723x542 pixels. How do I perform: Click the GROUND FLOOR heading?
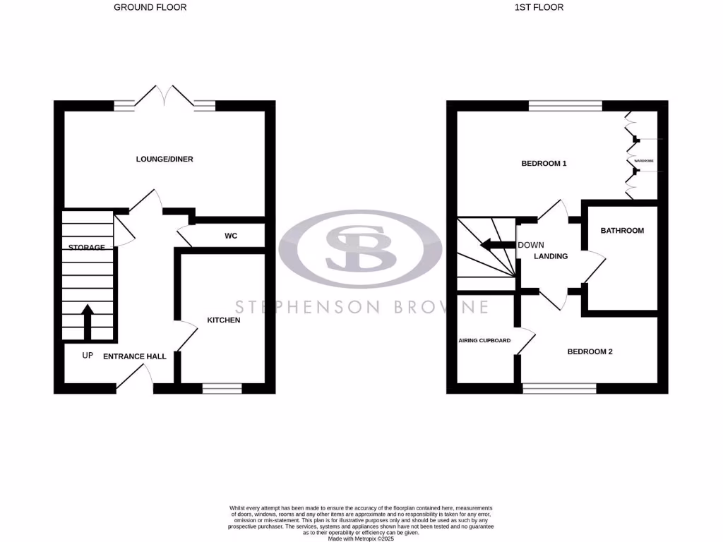coord(150,8)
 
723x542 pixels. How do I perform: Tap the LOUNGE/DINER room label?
coord(165,159)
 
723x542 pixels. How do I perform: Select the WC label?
coord(231,236)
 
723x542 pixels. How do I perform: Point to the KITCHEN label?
coord(224,320)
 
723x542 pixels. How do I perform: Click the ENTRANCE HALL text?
coord(135,356)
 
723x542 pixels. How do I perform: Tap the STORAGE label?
coord(87,248)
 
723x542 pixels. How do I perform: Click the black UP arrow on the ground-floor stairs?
coord(88,321)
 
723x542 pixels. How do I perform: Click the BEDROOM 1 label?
coord(544,164)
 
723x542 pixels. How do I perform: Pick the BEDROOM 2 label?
coord(590,351)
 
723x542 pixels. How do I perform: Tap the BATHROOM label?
coord(622,231)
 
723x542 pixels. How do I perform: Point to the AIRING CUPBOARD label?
coord(484,340)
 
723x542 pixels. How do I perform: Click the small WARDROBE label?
coord(643,162)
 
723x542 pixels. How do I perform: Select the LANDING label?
coord(551,256)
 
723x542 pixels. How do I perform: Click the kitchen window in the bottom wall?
coord(222,387)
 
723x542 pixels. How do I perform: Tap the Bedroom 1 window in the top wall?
coord(565,106)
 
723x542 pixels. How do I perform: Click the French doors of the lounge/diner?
coord(165,97)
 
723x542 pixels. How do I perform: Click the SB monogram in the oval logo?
coord(360,248)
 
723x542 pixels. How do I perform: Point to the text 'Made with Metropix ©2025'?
coord(361,538)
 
